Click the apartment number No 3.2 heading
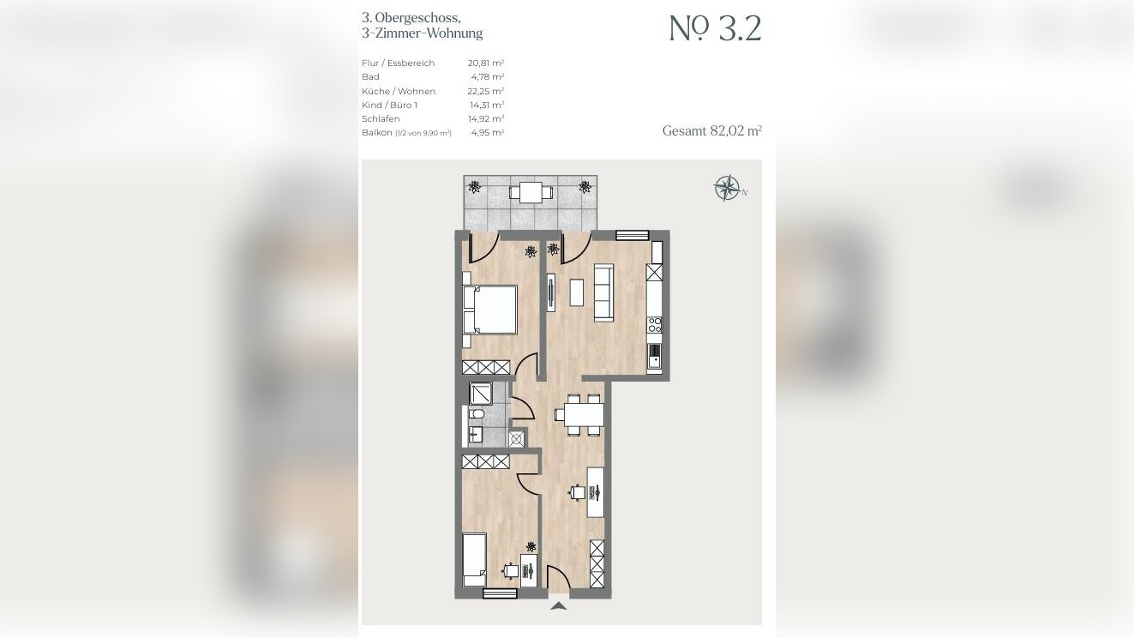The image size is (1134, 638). tap(715, 28)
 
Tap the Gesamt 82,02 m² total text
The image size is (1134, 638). tap(711, 130)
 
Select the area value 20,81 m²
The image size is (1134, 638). tap(485, 63)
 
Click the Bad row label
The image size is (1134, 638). tap(370, 77)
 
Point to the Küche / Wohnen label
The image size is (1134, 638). tap(399, 91)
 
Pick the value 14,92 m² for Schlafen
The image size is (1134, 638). tap(487, 118)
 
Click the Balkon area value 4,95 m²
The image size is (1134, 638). tap(487, 133)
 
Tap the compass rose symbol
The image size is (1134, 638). tap(727, 188)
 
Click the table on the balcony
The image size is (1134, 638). tap(531, 192)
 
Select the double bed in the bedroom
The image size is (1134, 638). tap(490, 310)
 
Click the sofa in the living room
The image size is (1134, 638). tap(603, 292)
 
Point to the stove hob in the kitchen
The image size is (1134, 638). tap(654, 324)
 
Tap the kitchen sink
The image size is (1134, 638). tap(654, 356)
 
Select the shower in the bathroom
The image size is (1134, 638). tap(481, 394)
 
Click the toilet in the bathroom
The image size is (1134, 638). tap(476, 415)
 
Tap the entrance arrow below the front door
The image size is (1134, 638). tap(558, 605)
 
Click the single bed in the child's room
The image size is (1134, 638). tap(475, 560)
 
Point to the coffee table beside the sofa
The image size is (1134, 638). tap(576, 292)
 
